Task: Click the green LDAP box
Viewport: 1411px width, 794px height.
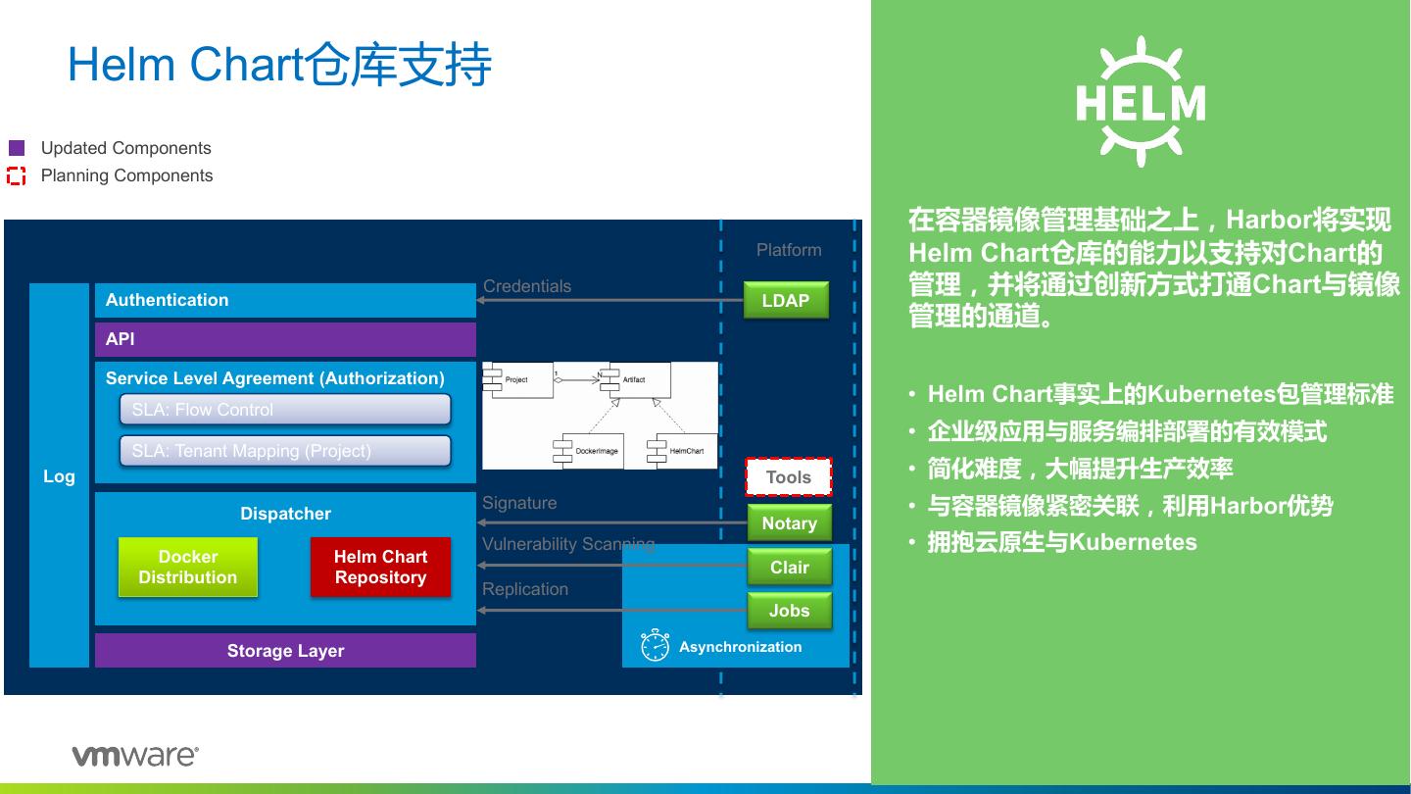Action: click(786, 300)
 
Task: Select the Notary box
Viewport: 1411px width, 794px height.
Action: click(789, 523)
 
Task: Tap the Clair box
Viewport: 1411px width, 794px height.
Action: click(789, 567)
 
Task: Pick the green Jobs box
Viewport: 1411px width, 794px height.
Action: click(789, 611)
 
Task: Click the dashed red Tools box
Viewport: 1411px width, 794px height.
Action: click(788, 477)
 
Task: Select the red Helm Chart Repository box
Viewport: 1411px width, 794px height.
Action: click(380, 567)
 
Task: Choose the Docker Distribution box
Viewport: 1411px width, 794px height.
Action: click(188, 567)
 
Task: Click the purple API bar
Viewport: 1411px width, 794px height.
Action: click(285, 339)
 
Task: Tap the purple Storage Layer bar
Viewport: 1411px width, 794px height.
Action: click(285, 651)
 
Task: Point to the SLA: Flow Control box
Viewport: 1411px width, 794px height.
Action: click(285, 410)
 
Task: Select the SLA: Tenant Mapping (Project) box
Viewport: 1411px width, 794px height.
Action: click(285, 451)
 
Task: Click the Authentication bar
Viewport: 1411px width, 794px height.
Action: click(285, 300)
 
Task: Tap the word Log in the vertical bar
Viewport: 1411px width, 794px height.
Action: click(59, 476)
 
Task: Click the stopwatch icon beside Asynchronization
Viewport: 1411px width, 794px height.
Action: click(655, 645)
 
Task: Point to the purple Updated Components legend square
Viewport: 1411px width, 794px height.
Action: click(17, 148)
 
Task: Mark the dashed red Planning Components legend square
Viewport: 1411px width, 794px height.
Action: click(17, 176)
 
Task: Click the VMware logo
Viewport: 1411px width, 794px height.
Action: click(135, 756)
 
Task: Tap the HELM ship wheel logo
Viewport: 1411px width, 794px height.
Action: click(1141, 102)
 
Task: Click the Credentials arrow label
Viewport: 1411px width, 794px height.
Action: click(527, 286)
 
